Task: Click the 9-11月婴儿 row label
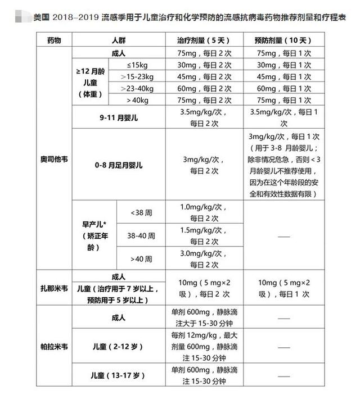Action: pyautogui.click(x=118, y=118)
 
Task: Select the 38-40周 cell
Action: pyautogui.click(x=138, y=235)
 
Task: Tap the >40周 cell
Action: pyautogui.click(x=138, y=258)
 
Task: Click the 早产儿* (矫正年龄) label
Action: pyautogui.click(x=91, y=235)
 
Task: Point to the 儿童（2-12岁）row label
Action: pyautogui.click(x=118, y=347)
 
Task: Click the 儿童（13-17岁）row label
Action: pyautogui.click(x=118, y=375)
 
